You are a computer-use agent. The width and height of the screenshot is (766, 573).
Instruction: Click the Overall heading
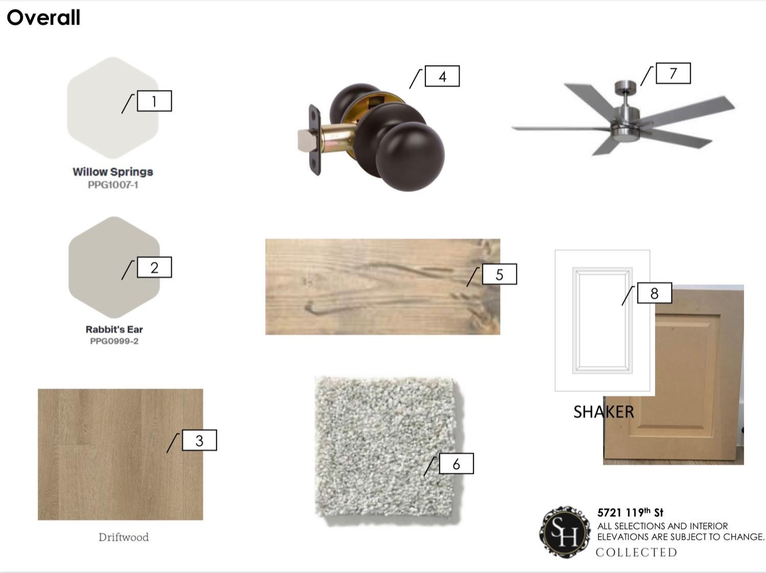[43, 17]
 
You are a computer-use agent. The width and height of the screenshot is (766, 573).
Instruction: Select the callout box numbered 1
[154, 101]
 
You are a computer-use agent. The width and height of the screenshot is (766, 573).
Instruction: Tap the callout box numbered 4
[442, 76]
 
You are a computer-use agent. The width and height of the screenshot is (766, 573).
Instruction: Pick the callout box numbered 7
[673, 73]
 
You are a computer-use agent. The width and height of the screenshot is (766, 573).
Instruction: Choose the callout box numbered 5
[499, 274]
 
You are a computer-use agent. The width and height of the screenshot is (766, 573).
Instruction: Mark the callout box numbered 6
[456, 464]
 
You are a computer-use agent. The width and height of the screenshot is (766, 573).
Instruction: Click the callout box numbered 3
[199, 440]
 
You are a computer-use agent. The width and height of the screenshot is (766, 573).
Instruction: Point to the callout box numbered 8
[654, 293]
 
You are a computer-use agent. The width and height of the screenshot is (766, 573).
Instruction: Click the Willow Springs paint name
[113, 172]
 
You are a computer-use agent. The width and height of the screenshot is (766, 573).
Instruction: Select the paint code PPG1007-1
[113, 185]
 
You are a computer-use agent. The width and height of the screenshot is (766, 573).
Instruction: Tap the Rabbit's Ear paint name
[114, 329]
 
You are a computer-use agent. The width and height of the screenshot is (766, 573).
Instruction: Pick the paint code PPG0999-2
[114, 341]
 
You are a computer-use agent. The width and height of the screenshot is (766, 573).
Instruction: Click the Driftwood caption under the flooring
[124, 537]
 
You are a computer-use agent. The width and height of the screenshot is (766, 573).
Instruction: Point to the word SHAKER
[604, 412]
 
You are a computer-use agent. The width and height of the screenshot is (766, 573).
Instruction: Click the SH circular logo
[565, 532]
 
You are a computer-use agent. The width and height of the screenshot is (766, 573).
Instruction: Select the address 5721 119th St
[630, 513]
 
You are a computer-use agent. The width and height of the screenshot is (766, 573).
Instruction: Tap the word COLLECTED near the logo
[636, 553]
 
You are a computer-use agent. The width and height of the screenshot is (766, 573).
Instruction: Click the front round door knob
[410, 157]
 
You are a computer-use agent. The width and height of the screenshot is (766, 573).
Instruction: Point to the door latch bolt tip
[304, 141]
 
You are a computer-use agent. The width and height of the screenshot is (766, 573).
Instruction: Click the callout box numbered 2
[154, 267]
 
